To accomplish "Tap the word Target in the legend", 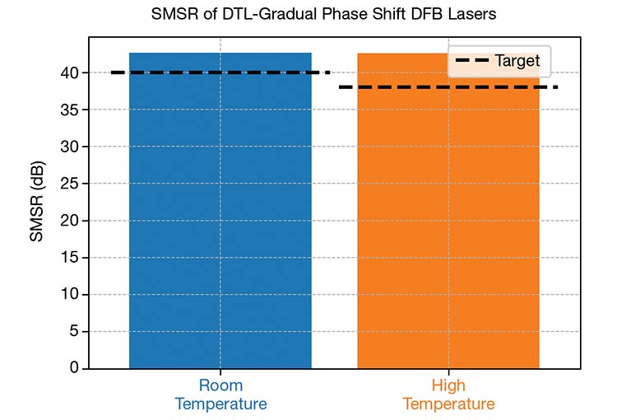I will tap(517, 60).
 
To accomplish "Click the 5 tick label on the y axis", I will tap(72, 332).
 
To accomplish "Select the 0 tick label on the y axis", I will tap(72, 368).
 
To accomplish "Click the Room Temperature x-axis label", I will tap(220, 394).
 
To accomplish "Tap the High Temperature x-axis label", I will tap(448, 394).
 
